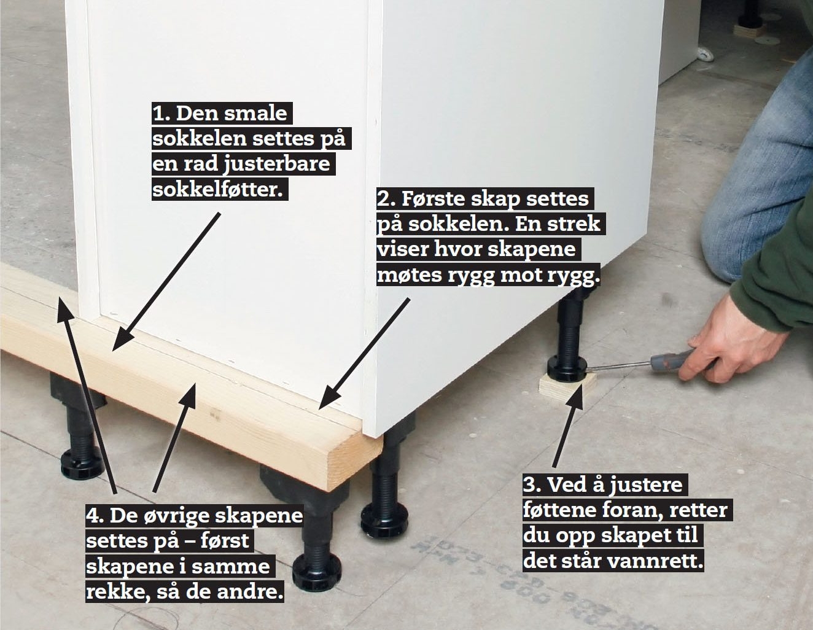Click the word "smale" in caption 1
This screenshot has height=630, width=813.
coord(255,114)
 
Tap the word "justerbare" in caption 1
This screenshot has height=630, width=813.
coord(276,165)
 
